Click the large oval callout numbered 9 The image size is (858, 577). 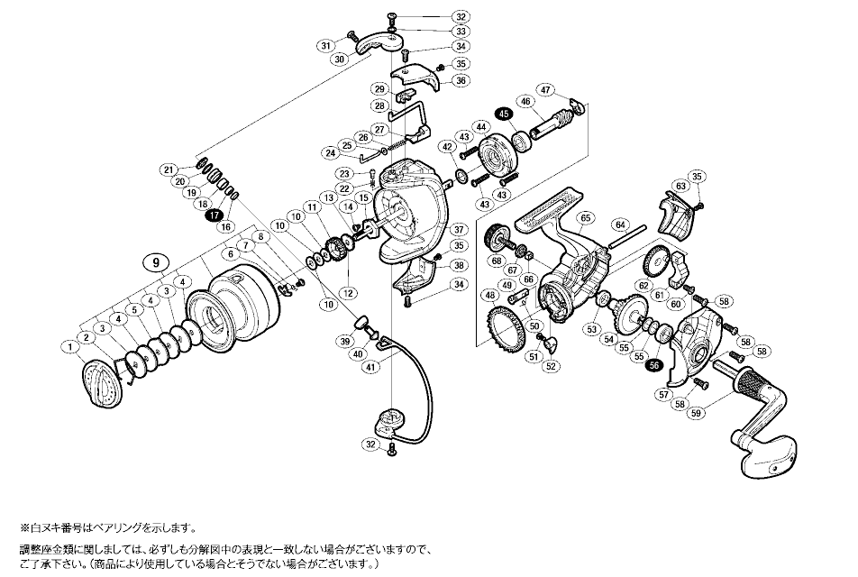click(157, 262)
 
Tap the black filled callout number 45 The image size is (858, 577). click(504, 114)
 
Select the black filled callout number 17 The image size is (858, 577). click(213, 215)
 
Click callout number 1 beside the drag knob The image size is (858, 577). click(69, 346)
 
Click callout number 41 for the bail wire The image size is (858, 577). click(370, 368)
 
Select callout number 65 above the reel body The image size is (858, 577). click(585, 218)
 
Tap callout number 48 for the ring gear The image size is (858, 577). click(489, 297)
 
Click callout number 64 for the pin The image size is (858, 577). click(620, 225)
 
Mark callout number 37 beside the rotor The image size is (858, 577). click(458, 229)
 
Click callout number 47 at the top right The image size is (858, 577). click(545, 89)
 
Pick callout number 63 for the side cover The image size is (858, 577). click(680, 186)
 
